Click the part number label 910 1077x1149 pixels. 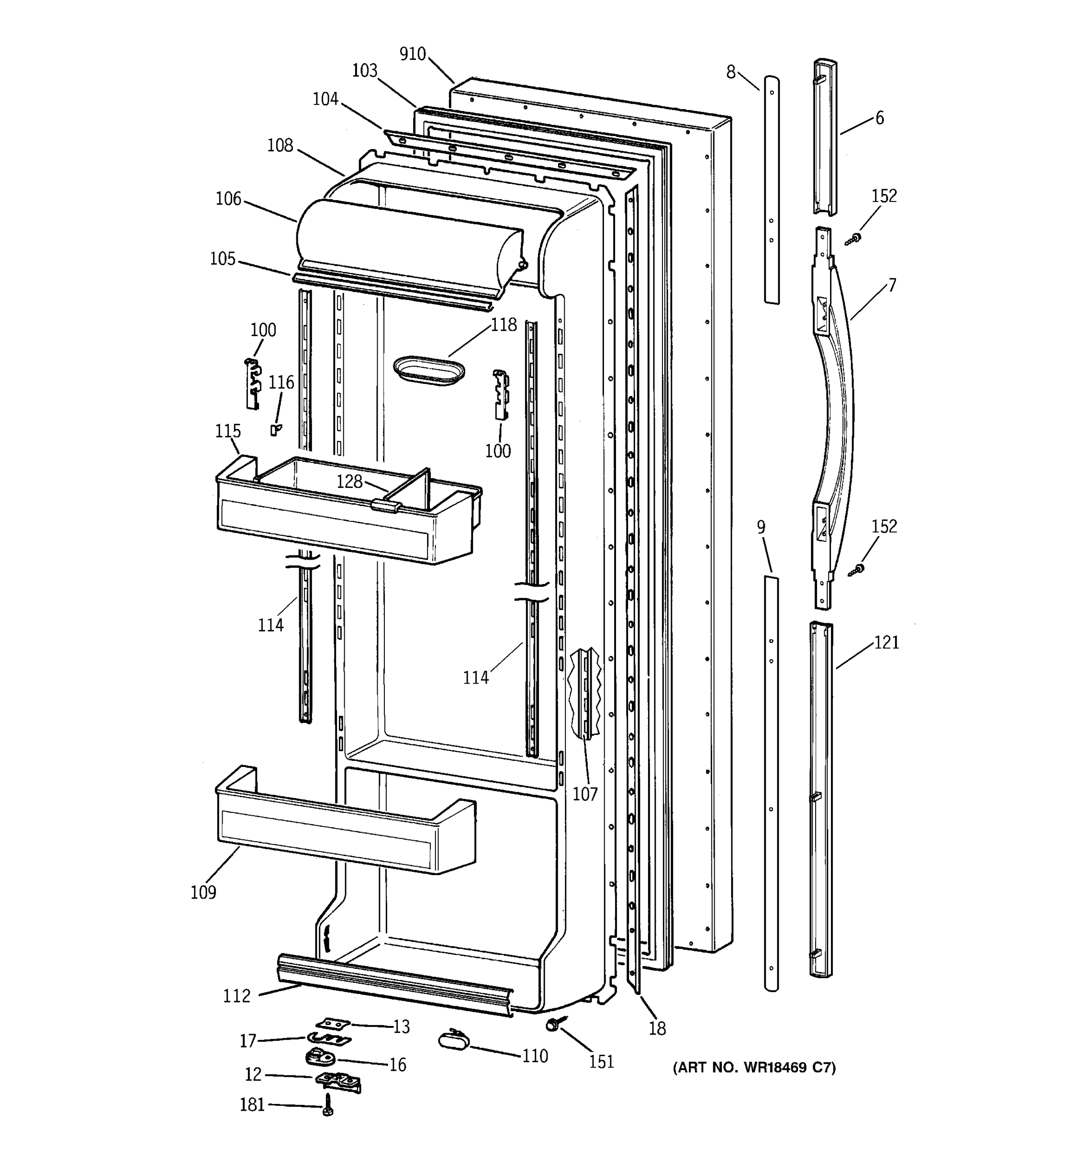(413, 54)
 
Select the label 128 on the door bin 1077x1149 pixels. (349, 482)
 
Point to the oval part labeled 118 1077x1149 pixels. (428, 370)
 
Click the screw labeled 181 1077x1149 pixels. (327, 1104)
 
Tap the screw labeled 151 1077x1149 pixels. (551, 1025)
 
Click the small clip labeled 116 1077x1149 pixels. (276, 429)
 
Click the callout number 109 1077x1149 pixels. (203, 892)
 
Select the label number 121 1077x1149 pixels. (886, 642)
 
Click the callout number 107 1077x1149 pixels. (585, 794)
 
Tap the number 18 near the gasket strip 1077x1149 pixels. (657, 1028)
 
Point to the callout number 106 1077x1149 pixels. (228, 199)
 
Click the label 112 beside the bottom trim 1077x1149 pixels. (237, 996)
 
